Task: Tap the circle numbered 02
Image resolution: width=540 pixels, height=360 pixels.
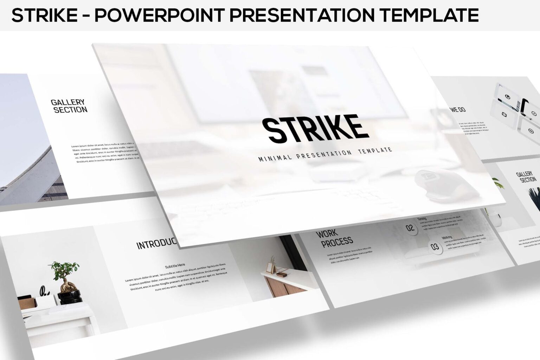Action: click(x=410, y=228)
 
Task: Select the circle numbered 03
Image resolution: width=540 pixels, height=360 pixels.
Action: click(x=435, y=247)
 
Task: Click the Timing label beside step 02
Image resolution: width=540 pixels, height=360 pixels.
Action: click(x=422, y=219)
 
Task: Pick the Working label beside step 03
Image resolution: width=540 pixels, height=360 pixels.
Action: click(x=447, y=237)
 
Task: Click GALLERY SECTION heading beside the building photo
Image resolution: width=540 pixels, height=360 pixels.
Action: click(x=69, y=106)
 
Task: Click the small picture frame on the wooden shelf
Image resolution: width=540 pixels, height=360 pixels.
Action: click(x=270, y=266)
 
